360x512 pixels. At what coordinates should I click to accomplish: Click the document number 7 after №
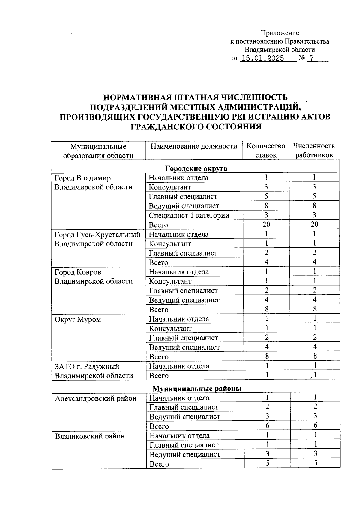pos(312,58)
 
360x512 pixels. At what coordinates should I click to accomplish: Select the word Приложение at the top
pos(280,33)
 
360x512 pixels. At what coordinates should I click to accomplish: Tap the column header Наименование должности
pos(194,146)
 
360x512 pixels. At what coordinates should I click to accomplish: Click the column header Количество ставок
pos(265,150)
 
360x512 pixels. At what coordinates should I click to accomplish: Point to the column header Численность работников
pos(314,150)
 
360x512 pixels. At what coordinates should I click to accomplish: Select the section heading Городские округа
pos(196,168)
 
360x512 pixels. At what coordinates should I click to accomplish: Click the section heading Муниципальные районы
pos(197,389)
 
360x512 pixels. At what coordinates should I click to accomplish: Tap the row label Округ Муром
pos(78,319)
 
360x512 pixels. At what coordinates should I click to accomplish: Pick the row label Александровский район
pos(96,398)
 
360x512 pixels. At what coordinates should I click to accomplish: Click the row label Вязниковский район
pos(90,436)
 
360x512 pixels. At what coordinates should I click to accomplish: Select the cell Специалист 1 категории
pos(189,215)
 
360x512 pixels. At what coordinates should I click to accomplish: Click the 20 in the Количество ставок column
pos(266,224)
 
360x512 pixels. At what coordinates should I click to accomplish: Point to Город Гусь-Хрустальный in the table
pos(97,234)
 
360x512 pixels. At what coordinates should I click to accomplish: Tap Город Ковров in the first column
pos(78,272)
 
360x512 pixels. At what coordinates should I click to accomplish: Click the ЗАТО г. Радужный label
pos(87,367)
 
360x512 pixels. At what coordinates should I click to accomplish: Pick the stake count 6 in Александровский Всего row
pos(267,426)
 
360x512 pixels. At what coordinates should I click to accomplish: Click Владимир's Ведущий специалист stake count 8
pos(266,206)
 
